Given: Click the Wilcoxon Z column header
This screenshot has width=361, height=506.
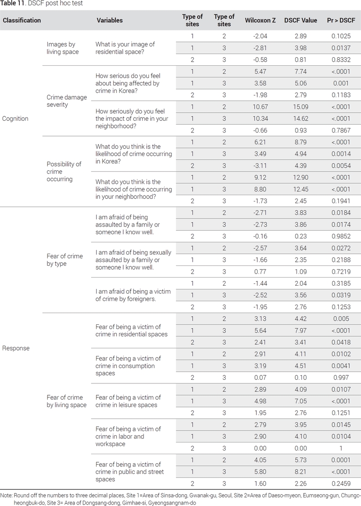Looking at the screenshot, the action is click(x=260, y=20).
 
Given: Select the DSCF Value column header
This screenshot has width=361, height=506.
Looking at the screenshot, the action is click(x=301, y=20).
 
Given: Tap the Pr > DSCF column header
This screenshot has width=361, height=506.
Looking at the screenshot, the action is click(x=341, y=20).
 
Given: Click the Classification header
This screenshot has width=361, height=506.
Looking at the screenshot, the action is click(x=22, y=20).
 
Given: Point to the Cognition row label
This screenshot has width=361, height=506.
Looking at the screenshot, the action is click(x=15, y=119).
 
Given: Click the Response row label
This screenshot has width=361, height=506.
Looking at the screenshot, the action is click(x=16, y=348).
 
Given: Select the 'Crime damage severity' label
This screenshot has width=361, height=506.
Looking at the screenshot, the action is click(x=67, y=101).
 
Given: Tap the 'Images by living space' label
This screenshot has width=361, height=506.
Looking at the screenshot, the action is click(x=63, y=48).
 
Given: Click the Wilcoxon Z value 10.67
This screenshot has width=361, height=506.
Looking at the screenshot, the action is click(x=260, y=107).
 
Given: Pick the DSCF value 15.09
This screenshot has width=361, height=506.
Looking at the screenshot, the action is click(x=301, y=107).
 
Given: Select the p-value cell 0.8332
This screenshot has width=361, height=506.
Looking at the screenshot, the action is click(x=341, y=59).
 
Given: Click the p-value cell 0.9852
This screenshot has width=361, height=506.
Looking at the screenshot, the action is click(x=341, y=236).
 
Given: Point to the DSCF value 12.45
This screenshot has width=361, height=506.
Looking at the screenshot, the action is click(x=301, y=189).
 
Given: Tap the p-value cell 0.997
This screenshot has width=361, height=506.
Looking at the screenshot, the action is click(x=341, y=378).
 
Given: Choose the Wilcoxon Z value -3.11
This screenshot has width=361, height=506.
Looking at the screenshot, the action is click(x=260, y=165).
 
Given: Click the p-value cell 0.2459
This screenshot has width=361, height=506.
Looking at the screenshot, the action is click(x=341, y=483).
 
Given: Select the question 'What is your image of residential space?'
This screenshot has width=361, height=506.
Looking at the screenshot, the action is click(x=125, y=48).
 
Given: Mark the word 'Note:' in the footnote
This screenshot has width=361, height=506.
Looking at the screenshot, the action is click(x=6, y=495).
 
